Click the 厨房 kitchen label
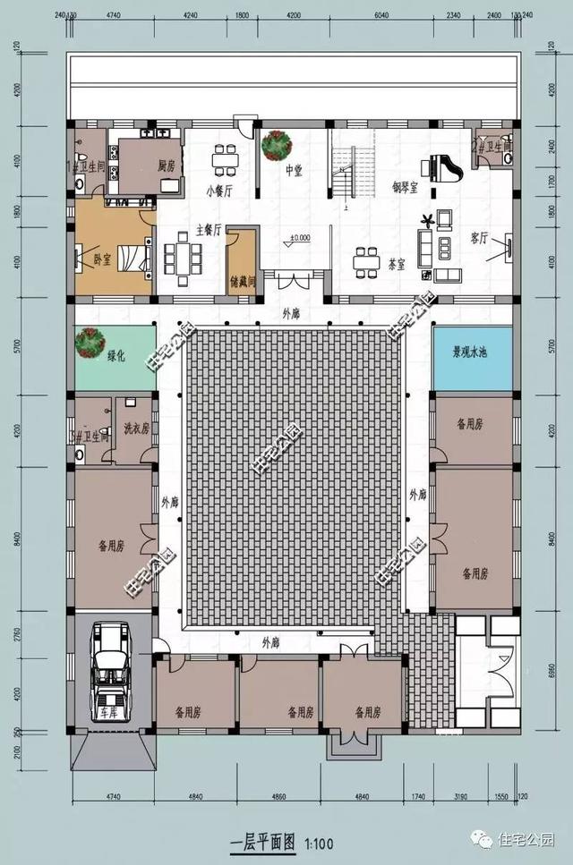point(166,165)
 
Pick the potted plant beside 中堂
point(274,145)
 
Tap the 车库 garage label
point(109,714)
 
